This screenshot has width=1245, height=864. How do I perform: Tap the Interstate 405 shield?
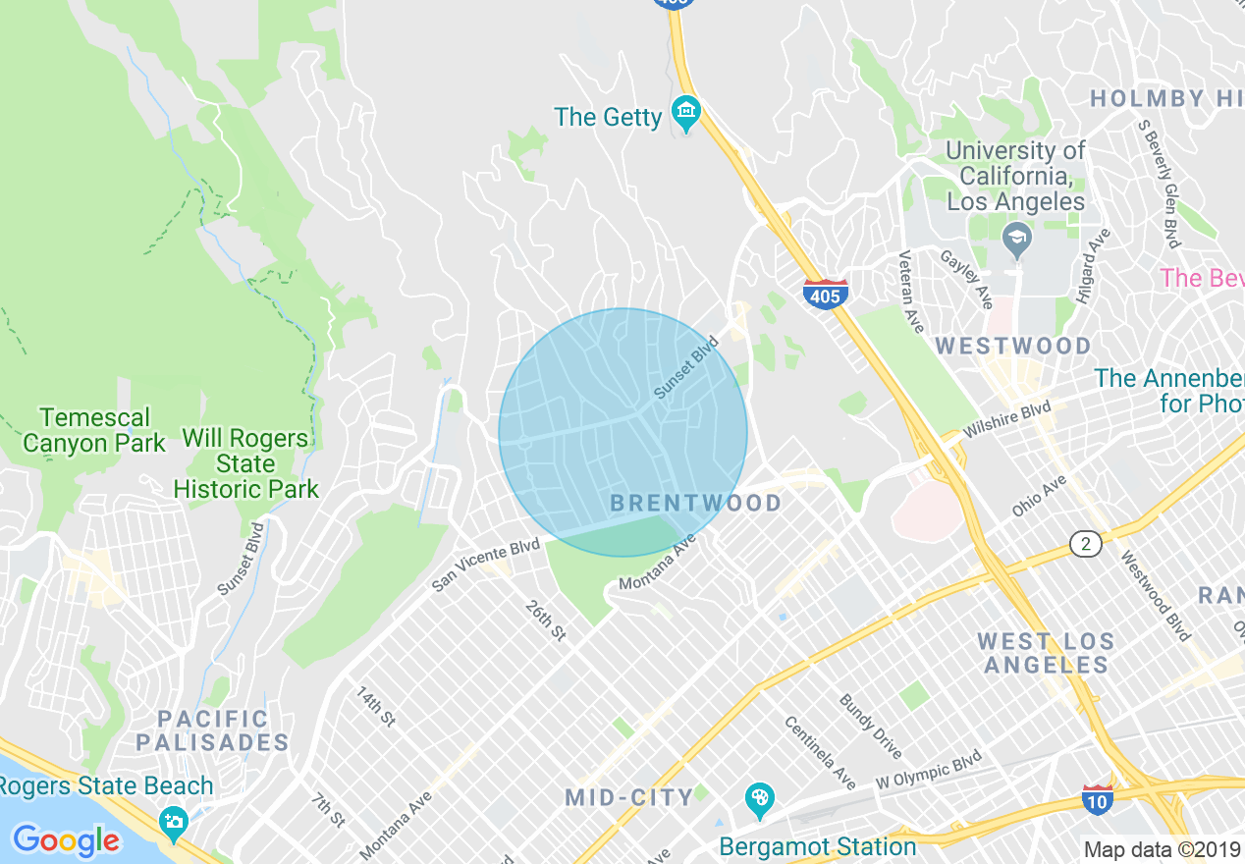click(x=825, y=294)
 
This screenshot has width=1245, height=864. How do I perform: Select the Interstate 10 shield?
click(x=1097, y=799)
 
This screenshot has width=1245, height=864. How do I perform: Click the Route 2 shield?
click(x=1085, y=543)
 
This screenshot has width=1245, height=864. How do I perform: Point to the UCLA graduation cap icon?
click(x=1017, y=238)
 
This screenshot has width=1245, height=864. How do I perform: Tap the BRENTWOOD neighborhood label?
click(x=696, y=504)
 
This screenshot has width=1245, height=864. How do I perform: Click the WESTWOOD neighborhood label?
click(x=1013, y=347)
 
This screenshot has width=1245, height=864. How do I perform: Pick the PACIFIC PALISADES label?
click(x=212, y=730)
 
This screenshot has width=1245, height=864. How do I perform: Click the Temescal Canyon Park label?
click(x=94, y=430)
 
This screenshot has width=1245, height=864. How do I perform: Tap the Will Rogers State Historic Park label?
click(x=246, y=462)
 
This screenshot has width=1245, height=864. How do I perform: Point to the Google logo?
click(x=66, y=840)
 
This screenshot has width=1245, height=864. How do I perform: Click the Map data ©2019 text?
click(x=1163, y=849)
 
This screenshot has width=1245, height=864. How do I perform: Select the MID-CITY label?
click(x=629, y=797)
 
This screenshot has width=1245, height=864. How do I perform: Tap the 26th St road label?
click(x=546, y=621)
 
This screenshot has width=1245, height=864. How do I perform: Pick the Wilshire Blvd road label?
click(x=1007, y=418)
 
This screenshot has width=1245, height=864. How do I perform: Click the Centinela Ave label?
click(x=820, y=754)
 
